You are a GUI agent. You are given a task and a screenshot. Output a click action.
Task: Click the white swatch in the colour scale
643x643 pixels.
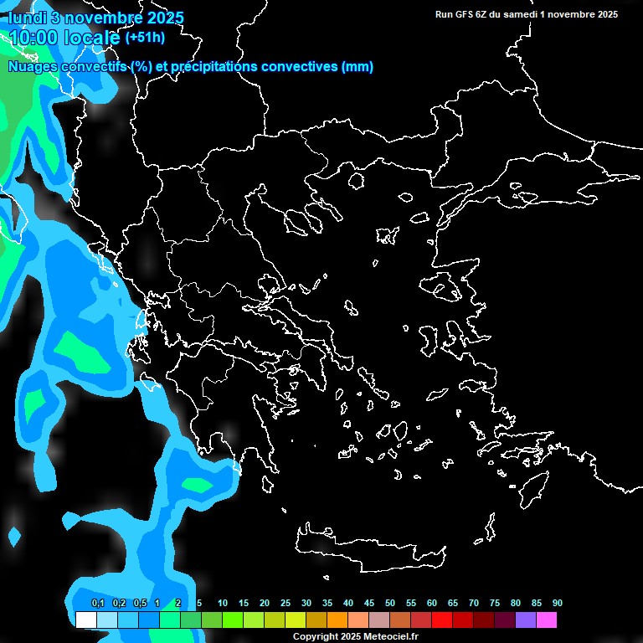(85, 620)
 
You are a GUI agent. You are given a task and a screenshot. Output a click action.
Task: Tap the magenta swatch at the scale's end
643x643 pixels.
(547, 620)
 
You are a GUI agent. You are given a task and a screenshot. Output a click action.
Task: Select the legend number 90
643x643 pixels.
(557, 603)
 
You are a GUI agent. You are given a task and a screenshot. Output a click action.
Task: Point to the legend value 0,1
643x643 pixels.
(97, 603)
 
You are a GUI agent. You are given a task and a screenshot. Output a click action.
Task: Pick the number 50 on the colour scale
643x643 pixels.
(390, 603)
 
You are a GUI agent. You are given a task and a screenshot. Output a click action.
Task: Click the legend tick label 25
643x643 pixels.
(285, 603)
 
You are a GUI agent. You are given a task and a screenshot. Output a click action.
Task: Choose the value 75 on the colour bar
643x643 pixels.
(495, 603)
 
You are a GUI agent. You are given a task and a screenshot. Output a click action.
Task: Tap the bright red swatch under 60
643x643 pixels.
(441, 620)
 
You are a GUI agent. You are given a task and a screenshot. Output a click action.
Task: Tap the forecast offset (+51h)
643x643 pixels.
(144, 38)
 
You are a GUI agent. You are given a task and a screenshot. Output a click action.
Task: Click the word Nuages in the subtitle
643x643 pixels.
(32, 67)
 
